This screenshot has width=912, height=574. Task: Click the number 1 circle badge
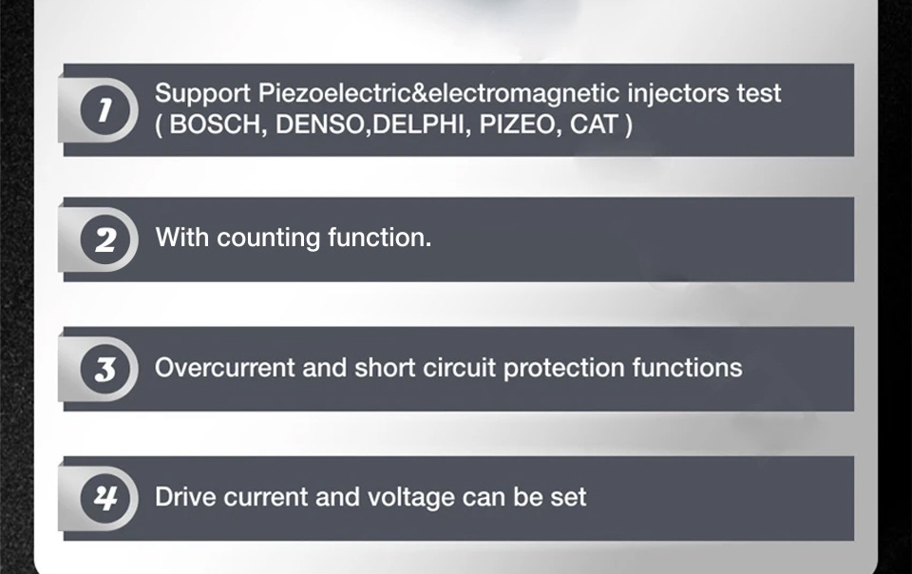[x=105, y=110]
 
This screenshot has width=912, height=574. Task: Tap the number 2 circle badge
[x=105, y=239]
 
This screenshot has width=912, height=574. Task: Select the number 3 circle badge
[x=105, y=370]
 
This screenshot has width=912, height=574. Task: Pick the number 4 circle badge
[x=105, y=498]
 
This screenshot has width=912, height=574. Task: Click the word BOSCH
[x=215, y=124]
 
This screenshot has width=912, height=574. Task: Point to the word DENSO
[x=320, y=124]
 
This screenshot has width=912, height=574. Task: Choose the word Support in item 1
[x=202, y=94]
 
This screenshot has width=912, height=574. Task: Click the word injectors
[x=678, y=94]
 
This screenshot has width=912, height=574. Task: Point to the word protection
[x=563, y=369]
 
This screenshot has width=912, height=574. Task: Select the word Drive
[x=185, y=497]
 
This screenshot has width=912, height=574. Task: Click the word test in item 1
[x=758, y=93]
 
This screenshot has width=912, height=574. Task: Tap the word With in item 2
[x=182, y=238]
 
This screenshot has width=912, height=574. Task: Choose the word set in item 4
[x=569, y=498]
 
